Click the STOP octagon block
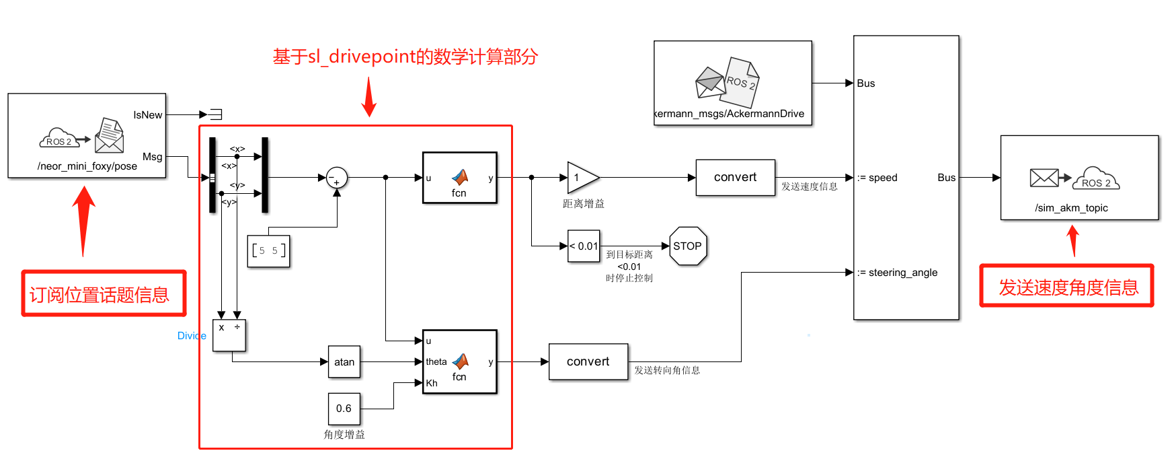coord(687,246)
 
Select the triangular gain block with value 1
coord(580,178)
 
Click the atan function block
coord(344,362)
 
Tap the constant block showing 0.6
coord(344,409)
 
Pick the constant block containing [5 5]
coord(268,251)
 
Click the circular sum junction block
coord(336,178)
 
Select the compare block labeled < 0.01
coord(584,246)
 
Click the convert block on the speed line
coord(735,178)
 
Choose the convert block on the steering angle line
coord(588,362)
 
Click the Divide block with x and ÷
coord(229,335)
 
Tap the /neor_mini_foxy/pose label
coord(87,166)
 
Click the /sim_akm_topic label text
coord(1071,208)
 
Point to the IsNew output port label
coord(147,115)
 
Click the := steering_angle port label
coord(897,273)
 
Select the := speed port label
coord(877,178)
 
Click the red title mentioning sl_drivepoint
coord(405,57)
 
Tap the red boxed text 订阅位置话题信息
coord(100,295)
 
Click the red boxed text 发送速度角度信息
coord(1068,287)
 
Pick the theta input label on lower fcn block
coord(436,362)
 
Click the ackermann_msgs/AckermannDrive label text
coord(730,114)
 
